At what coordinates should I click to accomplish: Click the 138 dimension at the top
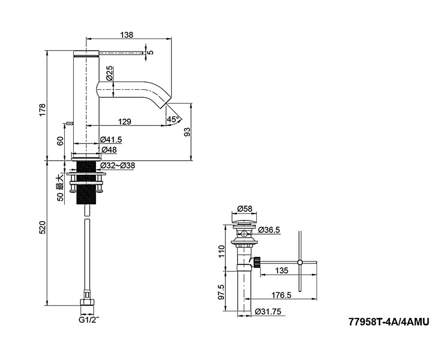point(127,35)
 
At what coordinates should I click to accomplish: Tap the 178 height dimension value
point(42,110)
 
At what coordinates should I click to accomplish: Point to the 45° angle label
point(173,119)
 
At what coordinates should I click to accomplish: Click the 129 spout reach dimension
point(125,122)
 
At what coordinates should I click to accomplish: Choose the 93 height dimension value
point(187,131)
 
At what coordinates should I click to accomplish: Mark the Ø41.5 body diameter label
point(111,139)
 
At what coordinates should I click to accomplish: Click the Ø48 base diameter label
point(109,150)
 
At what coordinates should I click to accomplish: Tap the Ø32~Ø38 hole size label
point(118,165)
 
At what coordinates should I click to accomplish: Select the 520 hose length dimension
point(42,228)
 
